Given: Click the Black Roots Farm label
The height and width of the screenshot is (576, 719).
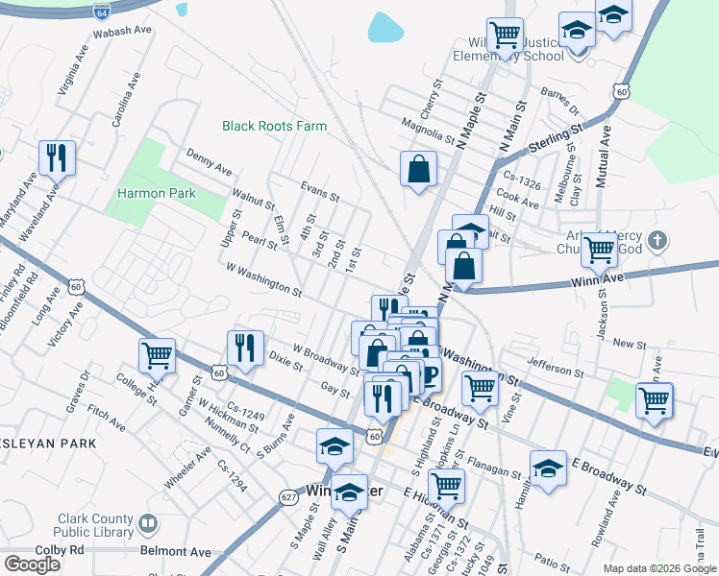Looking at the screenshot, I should pyautogui.click(x=274, y=126).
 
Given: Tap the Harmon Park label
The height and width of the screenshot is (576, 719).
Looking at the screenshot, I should pyautogui.click(x=157, y=193).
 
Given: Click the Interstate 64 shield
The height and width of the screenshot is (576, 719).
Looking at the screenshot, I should pyautogui.click(x=102, y=12).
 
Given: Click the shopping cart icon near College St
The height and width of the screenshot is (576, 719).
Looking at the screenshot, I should pyautogui.click(x=157, y=354).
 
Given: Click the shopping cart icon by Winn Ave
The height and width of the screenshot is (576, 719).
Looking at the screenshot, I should pyautogui.click(x=599, y=249).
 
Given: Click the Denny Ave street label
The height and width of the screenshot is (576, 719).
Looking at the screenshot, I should pyautogui.click(x=210, y=161).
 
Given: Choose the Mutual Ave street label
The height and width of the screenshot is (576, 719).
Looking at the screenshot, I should pyautogui.click(x=606, y=146).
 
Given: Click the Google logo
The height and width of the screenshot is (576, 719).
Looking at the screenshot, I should pyautogui.click(x=32, y=564).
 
